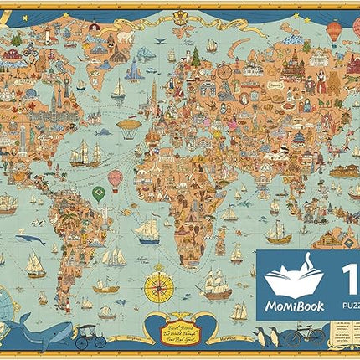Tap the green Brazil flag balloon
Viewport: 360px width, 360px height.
click(x=98, y=193)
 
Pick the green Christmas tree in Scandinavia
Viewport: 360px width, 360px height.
click(x=196, y=57)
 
